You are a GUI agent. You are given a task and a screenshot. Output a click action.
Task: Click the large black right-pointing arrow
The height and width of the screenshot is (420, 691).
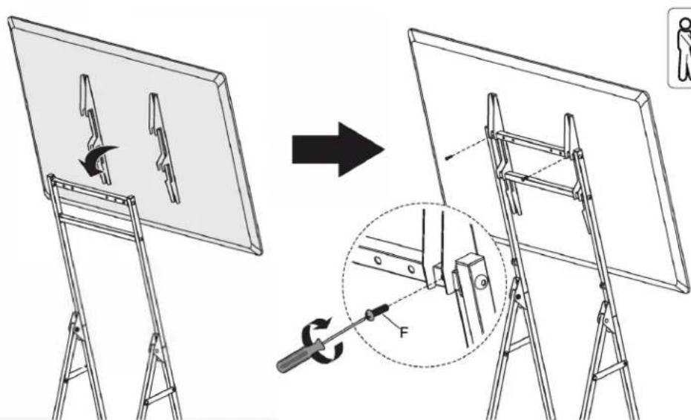pyautogui.click(x=337, y=149)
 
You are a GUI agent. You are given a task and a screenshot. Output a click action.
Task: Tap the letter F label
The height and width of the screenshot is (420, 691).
pyautogui.click(x=404, y=332)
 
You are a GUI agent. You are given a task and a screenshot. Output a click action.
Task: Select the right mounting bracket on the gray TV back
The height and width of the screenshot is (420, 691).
pyautogui.click(x=164, y=148)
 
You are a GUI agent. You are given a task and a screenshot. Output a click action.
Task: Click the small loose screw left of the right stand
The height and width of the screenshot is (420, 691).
pyautogui.click(x=449, y=158)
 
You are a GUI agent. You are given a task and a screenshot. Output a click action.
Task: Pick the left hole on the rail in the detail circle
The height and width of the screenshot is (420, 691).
pyautogui.click(x=378, y=260)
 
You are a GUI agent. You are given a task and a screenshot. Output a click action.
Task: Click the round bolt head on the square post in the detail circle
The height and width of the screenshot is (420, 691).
pyautogui.click(x=483, y=282)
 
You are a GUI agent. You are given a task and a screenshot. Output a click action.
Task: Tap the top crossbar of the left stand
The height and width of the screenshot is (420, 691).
pyautogui.click(x=92, y=190)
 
